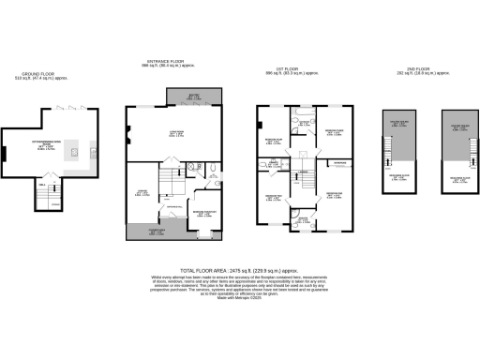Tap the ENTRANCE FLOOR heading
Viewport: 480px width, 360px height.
point(172,61)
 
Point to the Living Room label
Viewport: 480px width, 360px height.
point(174,133)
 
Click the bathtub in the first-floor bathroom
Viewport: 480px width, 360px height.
point(305,120)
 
